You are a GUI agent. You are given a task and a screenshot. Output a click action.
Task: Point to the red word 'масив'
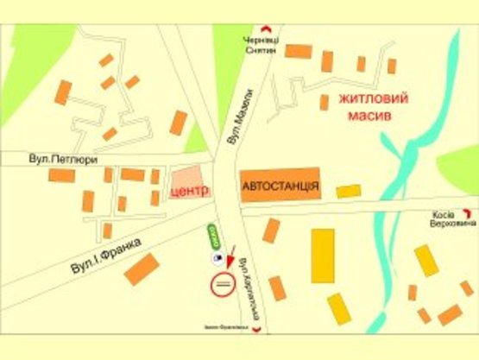373,114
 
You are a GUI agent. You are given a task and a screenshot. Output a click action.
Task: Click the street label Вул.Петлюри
62,160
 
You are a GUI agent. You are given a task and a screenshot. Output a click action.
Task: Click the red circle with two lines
223,284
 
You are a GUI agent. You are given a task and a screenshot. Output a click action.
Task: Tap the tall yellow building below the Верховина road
324,256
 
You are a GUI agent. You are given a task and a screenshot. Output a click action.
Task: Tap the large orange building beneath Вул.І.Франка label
142,269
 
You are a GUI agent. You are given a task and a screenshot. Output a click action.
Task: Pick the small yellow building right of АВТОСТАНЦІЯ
349,191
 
